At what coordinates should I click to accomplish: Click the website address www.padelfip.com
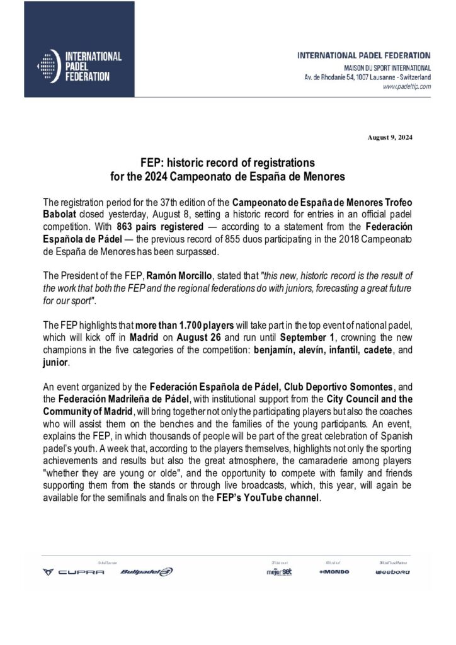(407, 87)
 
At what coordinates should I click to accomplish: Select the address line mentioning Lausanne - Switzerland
(369, 77)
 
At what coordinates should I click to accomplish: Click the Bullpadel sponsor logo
(145, 572)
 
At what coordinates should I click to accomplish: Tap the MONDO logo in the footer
(334, 572)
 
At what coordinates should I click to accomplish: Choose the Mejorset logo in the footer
(278, 572)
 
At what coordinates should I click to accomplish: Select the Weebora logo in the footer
(392, 572)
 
